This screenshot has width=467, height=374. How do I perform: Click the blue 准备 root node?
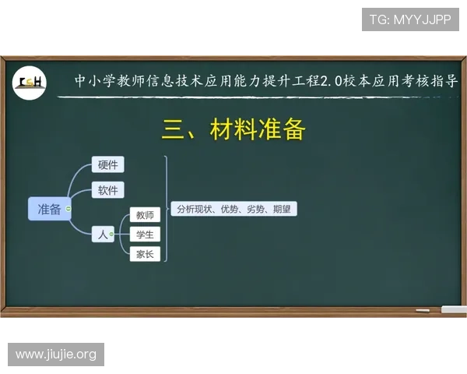pos(49,209)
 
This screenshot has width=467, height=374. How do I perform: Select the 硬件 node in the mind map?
pos(108,164)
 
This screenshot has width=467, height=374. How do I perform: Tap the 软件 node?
pos(108,190)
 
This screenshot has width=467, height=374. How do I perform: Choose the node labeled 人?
pos(102,233)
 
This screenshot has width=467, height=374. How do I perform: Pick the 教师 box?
pos(145,215)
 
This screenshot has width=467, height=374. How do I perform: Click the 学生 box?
pos(145,234)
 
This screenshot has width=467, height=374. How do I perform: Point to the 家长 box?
pos(145,253)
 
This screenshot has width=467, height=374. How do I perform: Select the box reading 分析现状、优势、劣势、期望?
pos(234,209)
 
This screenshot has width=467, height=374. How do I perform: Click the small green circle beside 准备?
pos(68,209)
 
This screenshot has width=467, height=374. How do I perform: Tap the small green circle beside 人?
pos(112,233)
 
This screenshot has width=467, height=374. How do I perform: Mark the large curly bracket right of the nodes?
pos(165,209)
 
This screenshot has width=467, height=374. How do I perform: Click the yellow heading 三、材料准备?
pos(233,129)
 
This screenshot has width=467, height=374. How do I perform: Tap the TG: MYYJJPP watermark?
pos(410,19)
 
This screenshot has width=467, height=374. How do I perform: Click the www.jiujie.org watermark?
pos(56,355)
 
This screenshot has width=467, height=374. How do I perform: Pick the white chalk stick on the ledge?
pos(422,311)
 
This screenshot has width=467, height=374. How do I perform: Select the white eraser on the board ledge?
pos(454,310)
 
